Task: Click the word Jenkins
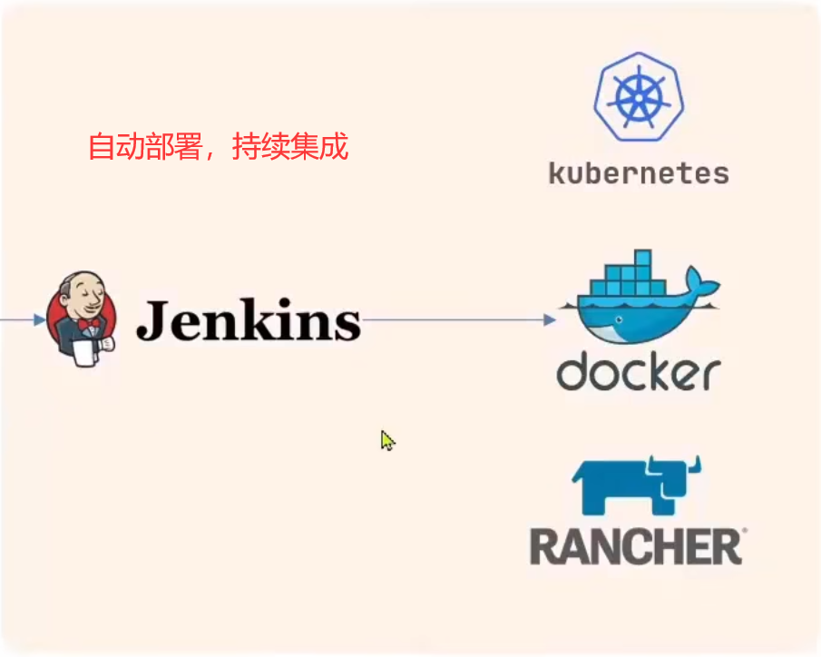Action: (248, 319)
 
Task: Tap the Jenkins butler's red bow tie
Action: (89, 324)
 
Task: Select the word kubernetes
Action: (639, 172)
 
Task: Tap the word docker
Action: (639, 372)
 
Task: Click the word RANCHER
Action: (634, 546)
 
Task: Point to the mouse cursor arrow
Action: (386, 440)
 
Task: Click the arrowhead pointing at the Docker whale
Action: (549, 320)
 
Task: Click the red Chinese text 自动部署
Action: (144, 147)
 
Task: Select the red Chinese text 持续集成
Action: (290, 147)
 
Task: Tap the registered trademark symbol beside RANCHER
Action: (745, 530)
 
